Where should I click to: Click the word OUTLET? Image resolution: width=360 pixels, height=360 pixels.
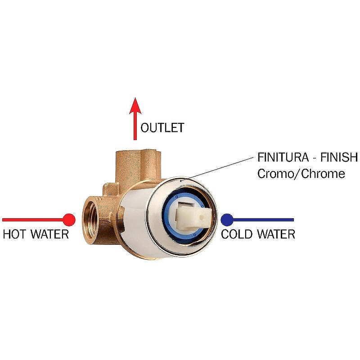[162, 128]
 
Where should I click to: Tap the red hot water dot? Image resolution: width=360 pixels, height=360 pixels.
[69, 220]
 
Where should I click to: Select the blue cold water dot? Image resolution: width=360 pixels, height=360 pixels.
[227, 220]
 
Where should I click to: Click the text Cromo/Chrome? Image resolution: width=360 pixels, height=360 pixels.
[301, 173]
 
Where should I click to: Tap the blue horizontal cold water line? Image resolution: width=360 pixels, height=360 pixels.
[265, 220]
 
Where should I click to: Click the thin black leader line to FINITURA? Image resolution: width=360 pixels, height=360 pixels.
[216, 168]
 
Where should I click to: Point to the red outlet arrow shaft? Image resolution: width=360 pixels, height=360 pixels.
[134, 128]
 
